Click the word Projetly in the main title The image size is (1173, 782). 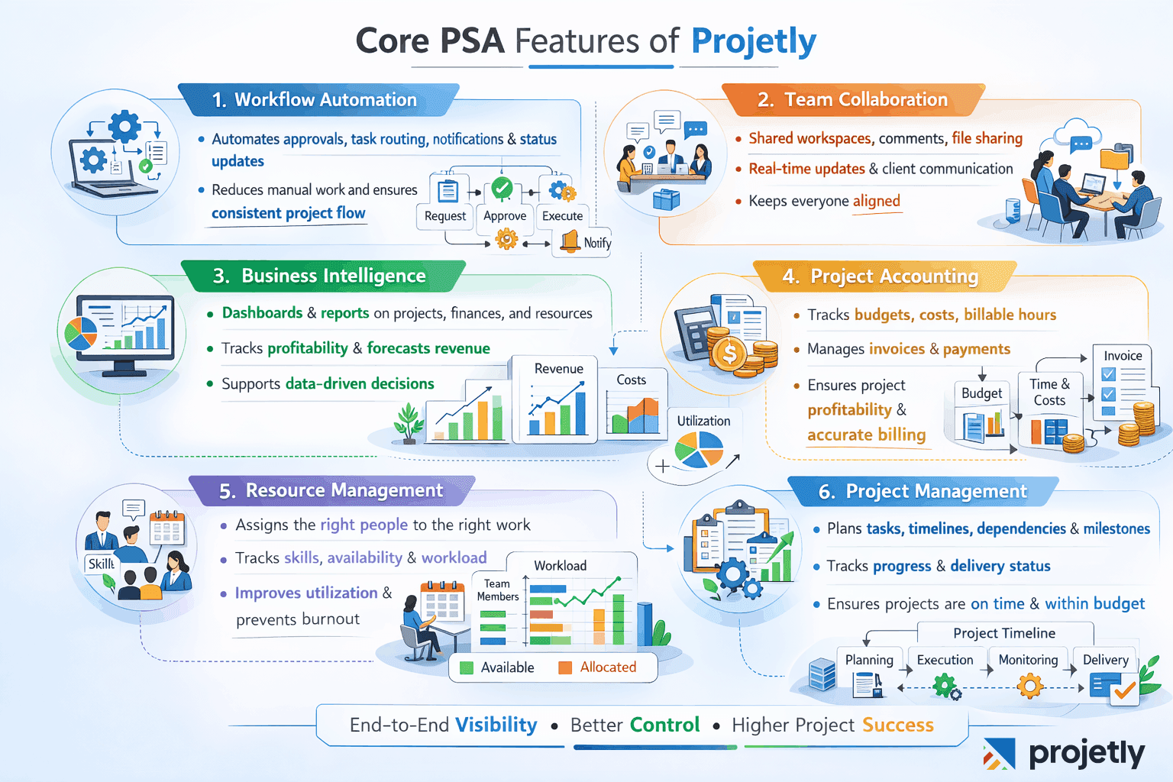(753, 41)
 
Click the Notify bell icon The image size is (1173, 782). (570, 241)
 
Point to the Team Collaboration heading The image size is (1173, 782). (852, 100)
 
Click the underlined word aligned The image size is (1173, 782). (876, 201)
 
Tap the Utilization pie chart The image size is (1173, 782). (699, 449)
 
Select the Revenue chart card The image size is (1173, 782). (557, 401)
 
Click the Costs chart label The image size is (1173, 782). (631, 380)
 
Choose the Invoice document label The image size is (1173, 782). (1123, 356)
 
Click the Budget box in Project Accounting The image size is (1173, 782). (981, 393)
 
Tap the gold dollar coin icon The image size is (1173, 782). (729, 353)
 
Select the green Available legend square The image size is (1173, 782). (467, 667)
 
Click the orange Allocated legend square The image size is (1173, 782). (565, 667)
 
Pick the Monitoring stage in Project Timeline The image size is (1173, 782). (1028, 660)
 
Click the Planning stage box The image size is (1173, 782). (869, 660)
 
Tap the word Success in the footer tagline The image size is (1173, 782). (898, 725)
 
